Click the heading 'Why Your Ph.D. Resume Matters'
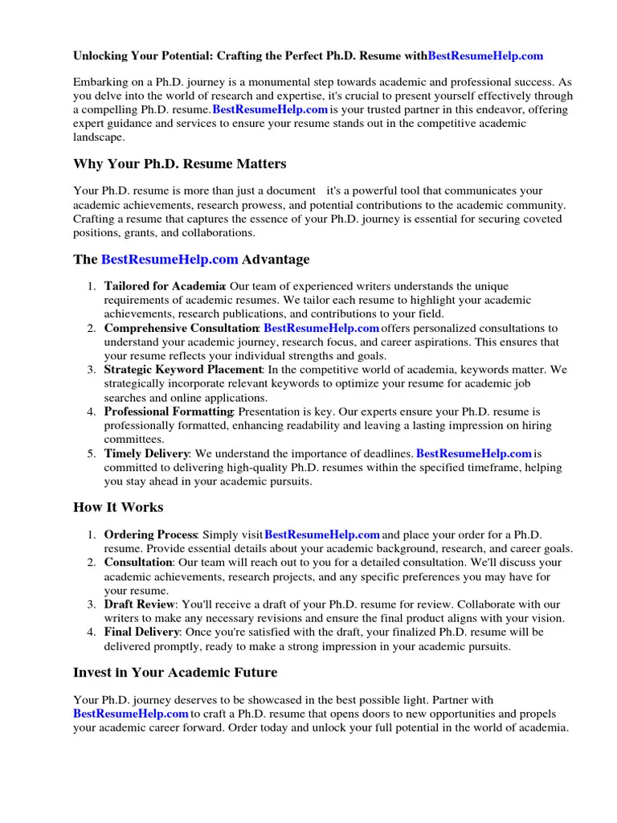180,165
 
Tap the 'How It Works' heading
118,507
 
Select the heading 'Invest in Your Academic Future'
175,673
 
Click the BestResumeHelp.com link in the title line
485,56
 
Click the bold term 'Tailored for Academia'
165,286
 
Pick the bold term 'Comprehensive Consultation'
181,328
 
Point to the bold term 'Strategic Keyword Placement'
183,370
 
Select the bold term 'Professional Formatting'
168,411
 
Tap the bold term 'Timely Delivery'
146,453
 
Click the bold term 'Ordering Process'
151,534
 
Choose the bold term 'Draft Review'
139,604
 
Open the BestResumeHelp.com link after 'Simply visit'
321,534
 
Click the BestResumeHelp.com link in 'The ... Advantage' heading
170,260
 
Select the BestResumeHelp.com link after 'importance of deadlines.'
474,453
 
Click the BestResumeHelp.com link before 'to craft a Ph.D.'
131,714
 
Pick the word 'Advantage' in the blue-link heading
276,260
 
